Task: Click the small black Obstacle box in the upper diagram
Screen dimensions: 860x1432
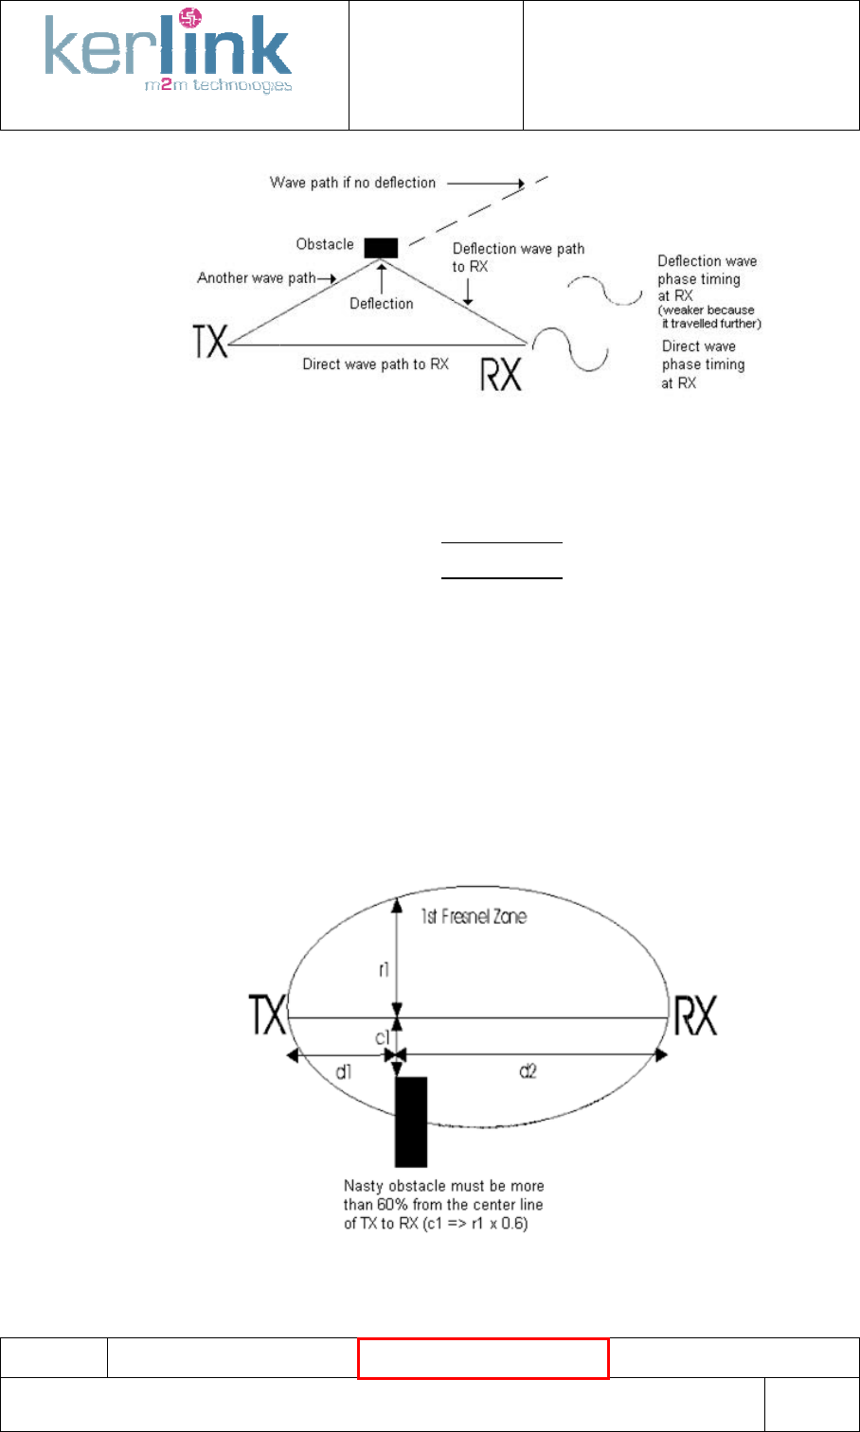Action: pos(381,247)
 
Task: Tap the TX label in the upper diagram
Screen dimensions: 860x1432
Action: pos(211,342)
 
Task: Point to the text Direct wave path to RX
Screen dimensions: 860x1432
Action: pos(375,363)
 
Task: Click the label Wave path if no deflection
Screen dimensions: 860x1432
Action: pos(352,183)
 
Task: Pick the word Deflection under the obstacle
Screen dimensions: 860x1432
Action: pos(382,304)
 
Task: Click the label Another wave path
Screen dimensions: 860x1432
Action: pos(256,278)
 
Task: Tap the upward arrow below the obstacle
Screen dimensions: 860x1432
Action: pos(381,279)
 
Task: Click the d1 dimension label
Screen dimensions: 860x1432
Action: pos(343,1070)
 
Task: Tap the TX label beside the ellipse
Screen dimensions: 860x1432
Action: pos(266,1016)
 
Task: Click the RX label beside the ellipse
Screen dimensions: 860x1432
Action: pos(694,1017)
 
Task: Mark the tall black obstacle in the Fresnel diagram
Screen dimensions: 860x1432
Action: pos(411,1121)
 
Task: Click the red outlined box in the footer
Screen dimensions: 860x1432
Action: pos(483,1358)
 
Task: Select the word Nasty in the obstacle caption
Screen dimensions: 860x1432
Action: pos(363,1186)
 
